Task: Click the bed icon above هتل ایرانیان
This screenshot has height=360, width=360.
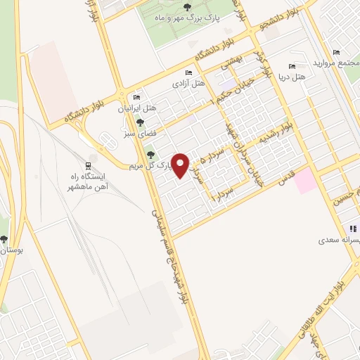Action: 136,97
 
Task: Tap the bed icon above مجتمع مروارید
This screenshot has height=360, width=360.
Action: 336,52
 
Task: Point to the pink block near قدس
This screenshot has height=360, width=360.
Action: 305,181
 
